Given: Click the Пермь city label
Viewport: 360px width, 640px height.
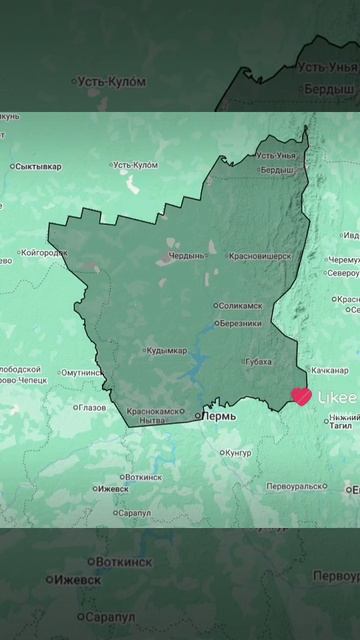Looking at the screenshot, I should (220, 415).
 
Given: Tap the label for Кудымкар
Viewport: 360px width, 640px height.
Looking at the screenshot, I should (166, 351).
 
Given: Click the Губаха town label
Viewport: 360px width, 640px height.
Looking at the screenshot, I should (257, 362).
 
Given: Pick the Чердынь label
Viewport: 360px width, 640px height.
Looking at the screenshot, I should (186, 256).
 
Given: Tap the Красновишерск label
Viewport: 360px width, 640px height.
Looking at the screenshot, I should (260, 256).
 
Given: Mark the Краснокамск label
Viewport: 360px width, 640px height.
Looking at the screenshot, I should (156, 411).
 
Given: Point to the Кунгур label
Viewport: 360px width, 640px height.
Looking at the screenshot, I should (239, 453).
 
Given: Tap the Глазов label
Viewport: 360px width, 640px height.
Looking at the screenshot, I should (91, 407).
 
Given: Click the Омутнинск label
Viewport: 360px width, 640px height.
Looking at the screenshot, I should (81, 373).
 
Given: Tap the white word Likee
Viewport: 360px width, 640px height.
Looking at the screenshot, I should (337, 397).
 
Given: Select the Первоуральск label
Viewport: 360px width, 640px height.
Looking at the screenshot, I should (294, 486).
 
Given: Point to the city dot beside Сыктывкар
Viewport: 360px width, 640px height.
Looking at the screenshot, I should (13, 166).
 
